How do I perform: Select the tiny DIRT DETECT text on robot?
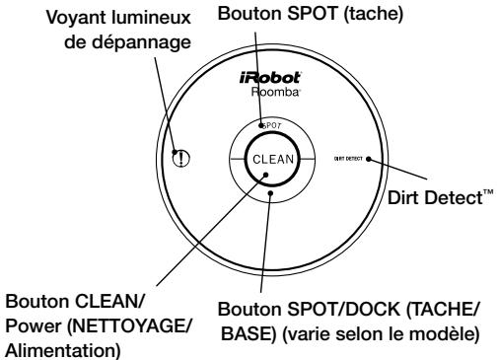347,158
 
